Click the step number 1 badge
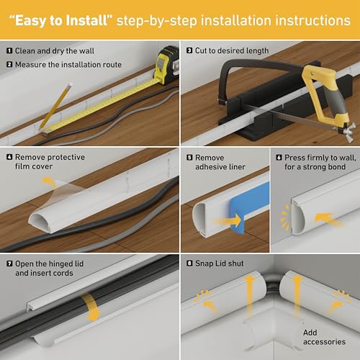click(9, 51)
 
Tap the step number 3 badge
click(189, 51)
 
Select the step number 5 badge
click(189, 158)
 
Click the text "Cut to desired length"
click(232, 51)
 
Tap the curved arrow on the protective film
click(50, 183)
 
